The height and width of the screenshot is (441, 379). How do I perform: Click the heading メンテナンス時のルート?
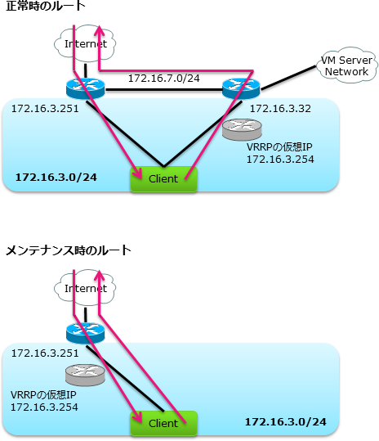[x=69, y=249]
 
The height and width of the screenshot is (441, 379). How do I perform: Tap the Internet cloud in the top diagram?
[x=85, y=43]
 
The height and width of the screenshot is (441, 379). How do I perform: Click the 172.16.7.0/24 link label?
[x=163, y=78]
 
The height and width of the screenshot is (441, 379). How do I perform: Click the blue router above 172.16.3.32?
[x=240, y=87]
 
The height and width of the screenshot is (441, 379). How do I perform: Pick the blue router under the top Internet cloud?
[x=80, y=86]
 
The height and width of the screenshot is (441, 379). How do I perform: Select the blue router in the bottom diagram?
[x=80, y=331]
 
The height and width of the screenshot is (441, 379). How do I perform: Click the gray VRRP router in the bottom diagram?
[x=87, y=375]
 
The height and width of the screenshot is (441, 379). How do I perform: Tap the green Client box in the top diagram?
[x=163, y=178]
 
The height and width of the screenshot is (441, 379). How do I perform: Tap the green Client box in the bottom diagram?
[x=163, y=423]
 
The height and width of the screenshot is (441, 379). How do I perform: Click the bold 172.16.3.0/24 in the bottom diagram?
[x=286, y=421]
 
